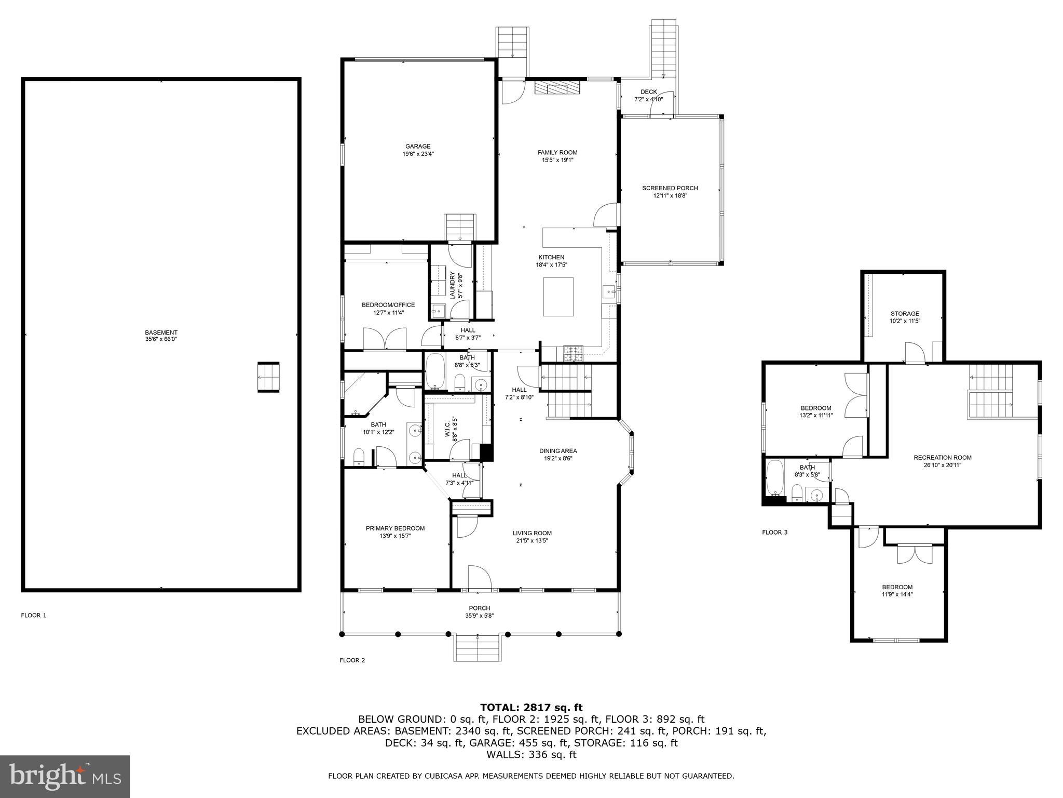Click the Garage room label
[x=418, y=147]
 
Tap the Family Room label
[x=557, y=153]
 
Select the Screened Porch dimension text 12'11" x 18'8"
[x=670, y=196]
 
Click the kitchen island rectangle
[x=558, y=297]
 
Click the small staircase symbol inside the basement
[x=268, y=377]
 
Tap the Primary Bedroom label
[x=395, y=528]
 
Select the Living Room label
[x=532, y=533]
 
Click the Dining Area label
[x=558, y=451]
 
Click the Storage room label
[x=905, y=314]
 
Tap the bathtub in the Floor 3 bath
[x=775, y=478]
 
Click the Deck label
[x=648, y=92]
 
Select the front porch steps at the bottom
[x=478, y=648]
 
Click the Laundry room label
[x=452, y=285]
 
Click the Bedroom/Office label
[x=388, y=305]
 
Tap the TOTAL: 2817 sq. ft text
[x=531, y=707]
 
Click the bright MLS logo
[x=65, y=777]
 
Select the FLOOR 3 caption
[x=774, y=532]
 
